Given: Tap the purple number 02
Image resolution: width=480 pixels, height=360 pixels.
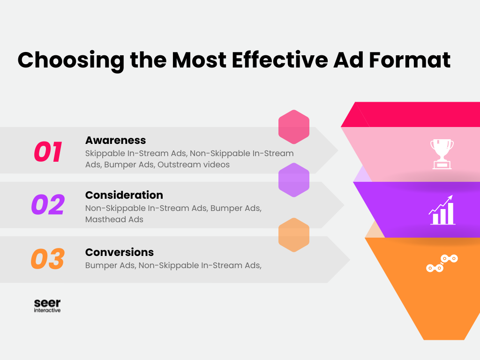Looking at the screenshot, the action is (x=48, y=204).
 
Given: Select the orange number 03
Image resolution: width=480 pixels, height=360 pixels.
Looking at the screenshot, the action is (x=48, y=259).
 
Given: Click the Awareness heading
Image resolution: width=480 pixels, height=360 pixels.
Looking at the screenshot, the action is (x=115, y=140).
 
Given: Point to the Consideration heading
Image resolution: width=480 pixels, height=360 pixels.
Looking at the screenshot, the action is (x=124, y=195).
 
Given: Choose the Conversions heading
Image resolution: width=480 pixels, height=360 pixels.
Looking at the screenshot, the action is (x=120, y=252).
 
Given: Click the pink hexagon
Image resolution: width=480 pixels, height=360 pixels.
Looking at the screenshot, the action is (x=294, y=127).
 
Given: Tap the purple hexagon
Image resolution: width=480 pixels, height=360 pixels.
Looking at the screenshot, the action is (x=294, y=180).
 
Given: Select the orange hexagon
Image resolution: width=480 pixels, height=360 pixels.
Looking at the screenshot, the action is (x=294, y=235).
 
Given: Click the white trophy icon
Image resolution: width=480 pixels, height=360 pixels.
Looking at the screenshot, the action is (x=442, y=154).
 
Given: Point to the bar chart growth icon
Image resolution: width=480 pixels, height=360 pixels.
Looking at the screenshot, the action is (x=442, y=210).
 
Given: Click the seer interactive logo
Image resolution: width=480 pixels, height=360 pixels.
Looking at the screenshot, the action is (x=47, y=306).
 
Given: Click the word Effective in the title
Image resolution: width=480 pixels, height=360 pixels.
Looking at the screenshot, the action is (x=280, y=60).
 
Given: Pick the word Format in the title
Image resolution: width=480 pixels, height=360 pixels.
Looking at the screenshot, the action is (x=410, y=60).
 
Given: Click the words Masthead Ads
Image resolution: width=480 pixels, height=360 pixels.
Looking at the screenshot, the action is (x=114, y=219).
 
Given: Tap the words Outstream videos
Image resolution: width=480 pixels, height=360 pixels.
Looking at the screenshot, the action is (x=194, y=165).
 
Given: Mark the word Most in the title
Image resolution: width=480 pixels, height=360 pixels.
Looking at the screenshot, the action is (x=199, y=60).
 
